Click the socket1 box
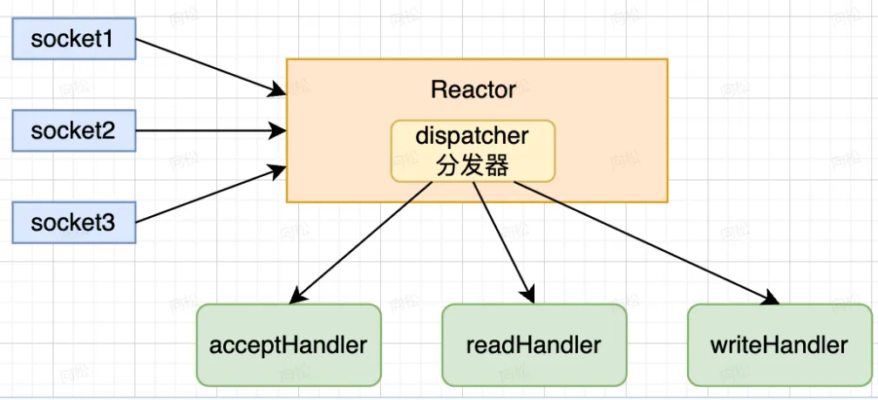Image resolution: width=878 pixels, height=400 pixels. (73, 40)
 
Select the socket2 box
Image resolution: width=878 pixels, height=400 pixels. (73, 132)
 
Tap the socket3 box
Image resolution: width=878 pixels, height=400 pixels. (73, 222)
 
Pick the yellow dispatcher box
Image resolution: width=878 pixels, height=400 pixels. (473, 151)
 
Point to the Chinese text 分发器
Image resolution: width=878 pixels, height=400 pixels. (473, 166)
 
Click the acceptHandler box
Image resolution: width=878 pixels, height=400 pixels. (289, 344)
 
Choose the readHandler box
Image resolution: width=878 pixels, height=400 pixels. (534, 344)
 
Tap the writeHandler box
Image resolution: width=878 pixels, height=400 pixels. (779, 344)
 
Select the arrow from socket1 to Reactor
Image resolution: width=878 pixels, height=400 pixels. (209, 64)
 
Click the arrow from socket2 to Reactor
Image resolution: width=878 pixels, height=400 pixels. (209, 132)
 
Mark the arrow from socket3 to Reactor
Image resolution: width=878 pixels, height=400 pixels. (209, 195)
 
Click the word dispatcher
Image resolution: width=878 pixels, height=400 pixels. (473, 136)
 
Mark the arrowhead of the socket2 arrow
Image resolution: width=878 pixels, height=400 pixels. (280, 132)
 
